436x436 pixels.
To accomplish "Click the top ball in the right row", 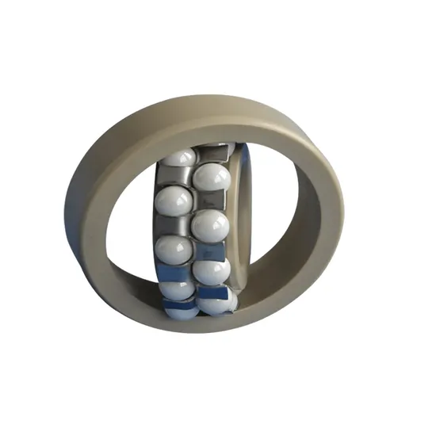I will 212,176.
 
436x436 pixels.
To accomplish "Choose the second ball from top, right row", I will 211,226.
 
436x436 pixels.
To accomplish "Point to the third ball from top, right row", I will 211,271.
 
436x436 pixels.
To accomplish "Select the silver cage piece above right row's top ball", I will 212,152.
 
